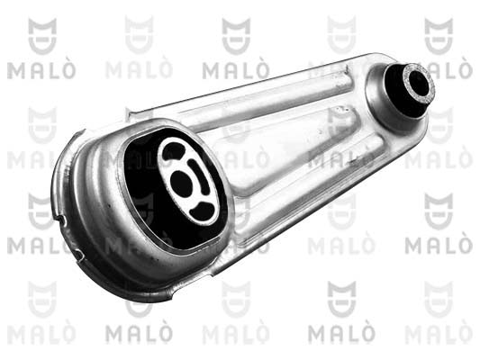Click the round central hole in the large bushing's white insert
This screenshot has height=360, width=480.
pyautogui.click(x=181, y=184)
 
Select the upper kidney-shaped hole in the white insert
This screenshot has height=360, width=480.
pyautogui.click(x=174, y=150)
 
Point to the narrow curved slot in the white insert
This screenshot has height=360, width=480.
pyautogui.click(x=200, y=175)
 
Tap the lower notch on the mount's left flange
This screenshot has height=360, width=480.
pyautogui.click(x=79, y=255)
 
